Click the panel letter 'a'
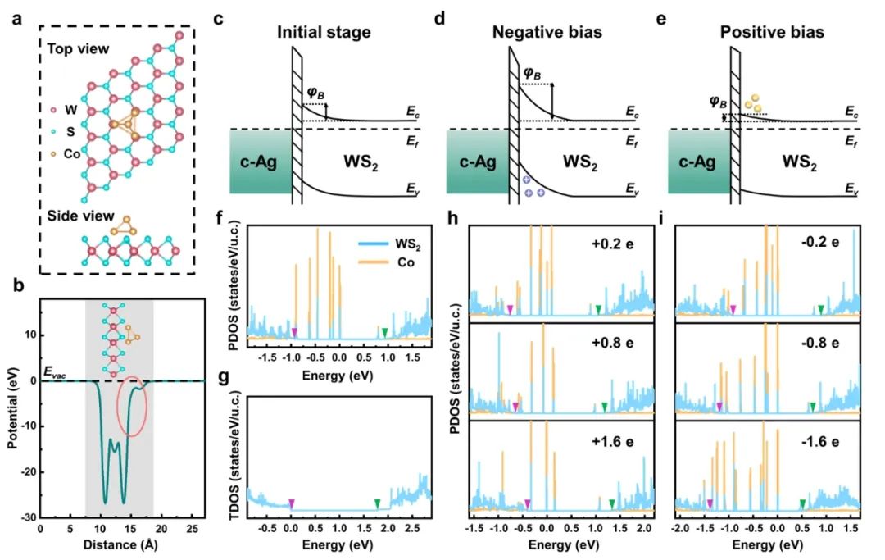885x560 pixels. point(19,19)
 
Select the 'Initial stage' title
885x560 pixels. point(324,33)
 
